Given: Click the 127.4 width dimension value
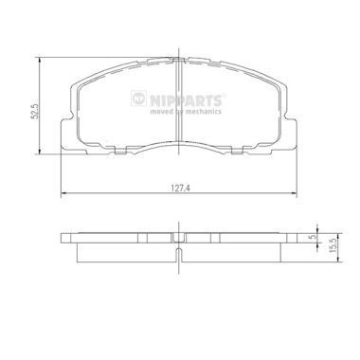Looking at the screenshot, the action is (180, 188).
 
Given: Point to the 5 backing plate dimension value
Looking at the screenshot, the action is (313, 237).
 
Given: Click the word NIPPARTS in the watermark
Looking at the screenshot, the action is (186, 100).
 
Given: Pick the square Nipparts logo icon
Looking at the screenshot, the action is (138, 99).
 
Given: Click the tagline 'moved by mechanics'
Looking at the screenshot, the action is (186, 112).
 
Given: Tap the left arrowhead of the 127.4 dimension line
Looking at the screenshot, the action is (63, 192).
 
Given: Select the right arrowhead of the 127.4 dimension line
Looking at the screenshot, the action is (294, 192).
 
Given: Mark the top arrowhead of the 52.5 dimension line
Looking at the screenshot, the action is (40, 61).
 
